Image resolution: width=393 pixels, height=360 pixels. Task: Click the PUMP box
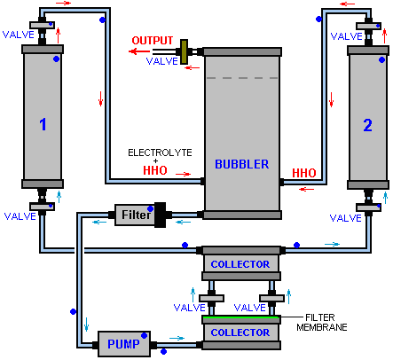click(x=124, y=344)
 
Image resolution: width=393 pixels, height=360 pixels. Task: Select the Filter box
click(x=135, y=215)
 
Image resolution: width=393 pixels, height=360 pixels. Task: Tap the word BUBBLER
click(x=242, y=164)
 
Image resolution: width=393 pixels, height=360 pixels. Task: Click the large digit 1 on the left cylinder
click(x=43, y=124)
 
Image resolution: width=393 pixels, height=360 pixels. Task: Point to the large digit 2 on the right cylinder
click(x=367, y=125)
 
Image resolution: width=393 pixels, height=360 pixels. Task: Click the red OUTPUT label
click(x=153, y=41)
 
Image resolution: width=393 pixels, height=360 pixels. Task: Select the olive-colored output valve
click(x=184, y=52)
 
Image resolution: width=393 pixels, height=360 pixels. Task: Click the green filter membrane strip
click(x=241, y=317)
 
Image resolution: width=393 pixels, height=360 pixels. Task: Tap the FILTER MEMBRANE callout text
click(x=322, y=323)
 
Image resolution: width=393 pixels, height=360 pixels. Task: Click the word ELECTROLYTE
click(x=160, y=153)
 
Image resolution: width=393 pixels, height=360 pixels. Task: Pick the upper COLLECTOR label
click(x=240, y=264)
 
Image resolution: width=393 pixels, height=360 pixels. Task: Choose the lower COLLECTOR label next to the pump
click(x=240, y=333)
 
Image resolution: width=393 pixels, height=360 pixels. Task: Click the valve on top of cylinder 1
click(x=43, y=25)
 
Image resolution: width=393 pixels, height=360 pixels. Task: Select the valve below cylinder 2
click(x=368, y=207)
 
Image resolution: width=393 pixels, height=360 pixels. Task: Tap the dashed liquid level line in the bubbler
click(x=242, y=78)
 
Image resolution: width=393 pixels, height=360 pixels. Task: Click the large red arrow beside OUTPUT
click(x=139, y=51)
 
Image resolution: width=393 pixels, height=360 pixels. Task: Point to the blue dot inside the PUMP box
click(x=145, y=335)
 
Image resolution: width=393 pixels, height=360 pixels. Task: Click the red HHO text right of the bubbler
click(x=304, y=173)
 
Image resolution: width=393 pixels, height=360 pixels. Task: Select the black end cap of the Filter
click(x=161, y=215)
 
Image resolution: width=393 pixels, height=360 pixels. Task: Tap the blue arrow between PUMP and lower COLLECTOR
click(x=177, y=338)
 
